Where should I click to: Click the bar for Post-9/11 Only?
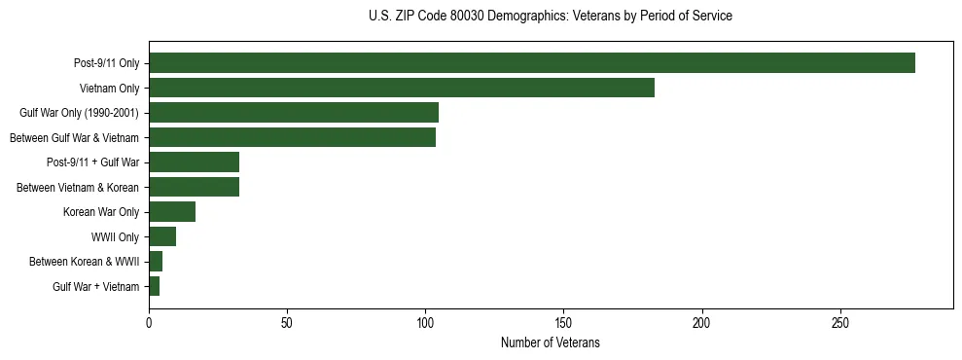(x=532, y=63)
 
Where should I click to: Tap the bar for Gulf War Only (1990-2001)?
(x=294, y=113)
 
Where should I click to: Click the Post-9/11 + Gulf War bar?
(x=195, y=162)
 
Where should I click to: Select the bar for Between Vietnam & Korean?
(x=195, y=187)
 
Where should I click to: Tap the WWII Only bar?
(x=162, y=236)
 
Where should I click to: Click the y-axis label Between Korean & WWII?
(x=84, y=262)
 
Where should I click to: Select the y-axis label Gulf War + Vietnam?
(x=95, y=287)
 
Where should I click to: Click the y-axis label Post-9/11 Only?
(x=106, y=64)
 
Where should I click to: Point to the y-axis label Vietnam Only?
(x=109, y=89)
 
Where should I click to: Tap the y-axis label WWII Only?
(x=115, y=237)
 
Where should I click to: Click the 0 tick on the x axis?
(x=149, y=322)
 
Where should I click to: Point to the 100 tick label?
(x=425, y=322)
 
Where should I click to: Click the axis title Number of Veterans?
(x=551, y=342)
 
